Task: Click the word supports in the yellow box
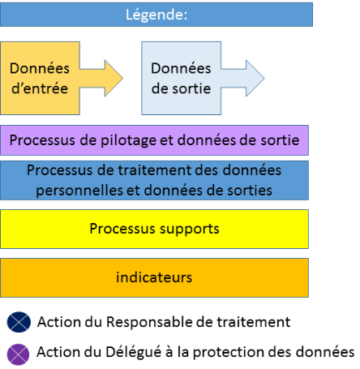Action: tap(190, 229)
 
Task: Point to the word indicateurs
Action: tap(155, 277)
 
